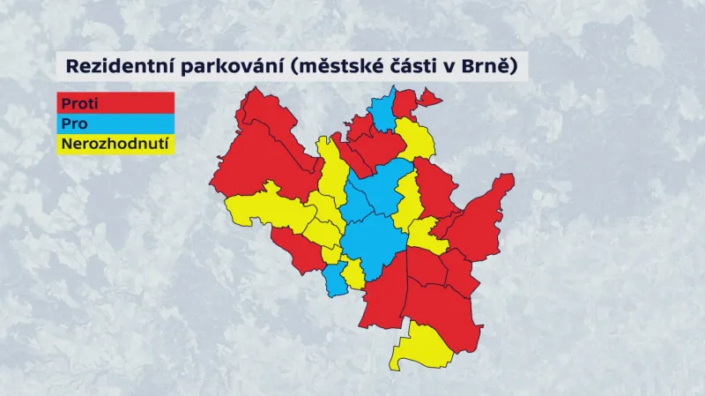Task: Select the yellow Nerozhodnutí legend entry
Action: point(115,144)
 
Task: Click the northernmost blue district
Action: point(383,112)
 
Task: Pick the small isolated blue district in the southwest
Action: point(335,278)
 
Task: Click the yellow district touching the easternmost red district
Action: point(424,235)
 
